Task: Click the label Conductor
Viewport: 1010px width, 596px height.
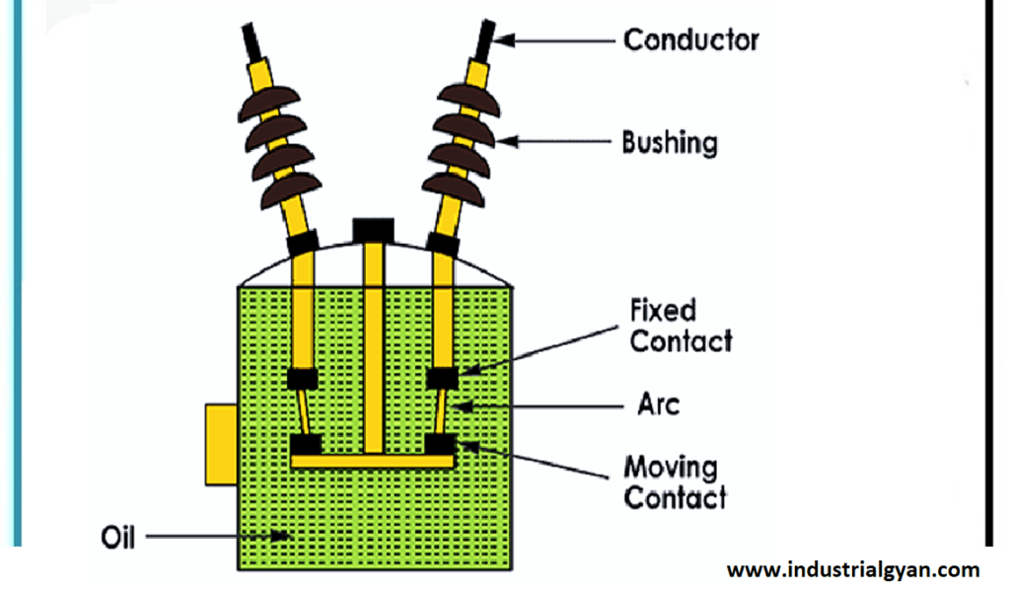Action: [690, 40]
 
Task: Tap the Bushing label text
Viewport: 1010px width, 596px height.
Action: [669, 143]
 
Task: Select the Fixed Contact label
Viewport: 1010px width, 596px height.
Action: [681, 327]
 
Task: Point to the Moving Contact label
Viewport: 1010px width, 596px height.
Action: [675, 483]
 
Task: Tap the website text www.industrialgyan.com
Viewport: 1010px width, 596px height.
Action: [853, 569]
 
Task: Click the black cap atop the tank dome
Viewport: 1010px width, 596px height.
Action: [374, 229]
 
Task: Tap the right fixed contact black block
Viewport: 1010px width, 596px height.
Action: [441, 378]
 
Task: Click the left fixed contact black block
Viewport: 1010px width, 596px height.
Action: [301, 379]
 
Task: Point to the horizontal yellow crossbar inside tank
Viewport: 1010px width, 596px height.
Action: [372, 460]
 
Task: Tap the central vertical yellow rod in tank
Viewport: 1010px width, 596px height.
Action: [374, 345]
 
